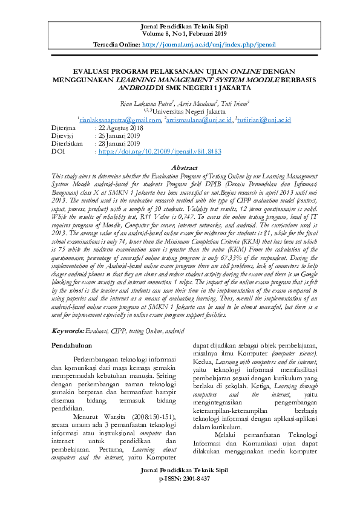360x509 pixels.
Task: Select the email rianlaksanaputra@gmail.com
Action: pos(120,120)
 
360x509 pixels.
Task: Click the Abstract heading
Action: pos(185,167)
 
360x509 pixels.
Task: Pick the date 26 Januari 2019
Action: pos(118,136)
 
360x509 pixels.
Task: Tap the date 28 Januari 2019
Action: pos(118,144)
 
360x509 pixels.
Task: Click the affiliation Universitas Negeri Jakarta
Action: pos(187,111)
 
